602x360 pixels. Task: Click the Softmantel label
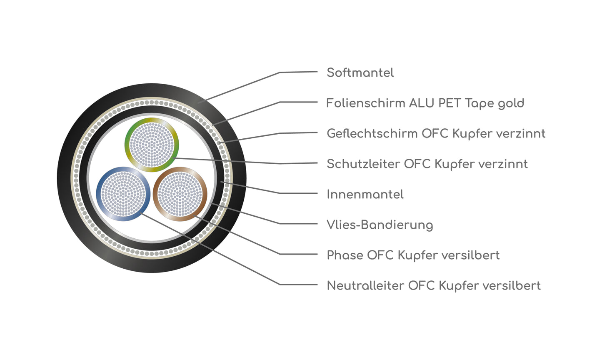click(360, 73)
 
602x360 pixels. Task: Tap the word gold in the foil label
click(511, 104)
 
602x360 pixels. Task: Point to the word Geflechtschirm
click(372, 134)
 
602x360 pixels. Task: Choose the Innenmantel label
click(365, 195)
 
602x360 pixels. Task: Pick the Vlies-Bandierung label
click(380, 225)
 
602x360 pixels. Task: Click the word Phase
click(345, 255)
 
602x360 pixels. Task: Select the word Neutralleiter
click(365, 286)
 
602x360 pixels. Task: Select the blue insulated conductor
click(123, 194)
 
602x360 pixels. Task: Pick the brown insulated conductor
click(180, 194)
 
